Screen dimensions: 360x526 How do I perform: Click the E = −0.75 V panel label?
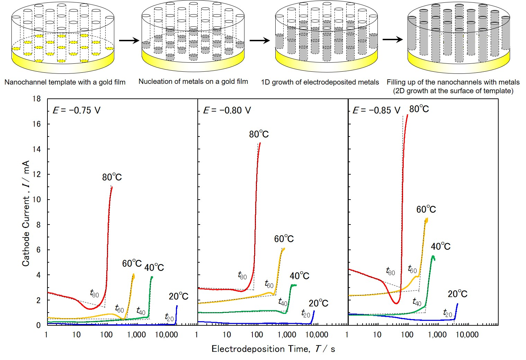pos(77,111)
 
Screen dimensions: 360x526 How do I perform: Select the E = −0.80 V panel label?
pos(227,111)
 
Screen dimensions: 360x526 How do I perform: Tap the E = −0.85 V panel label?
pos(376,111)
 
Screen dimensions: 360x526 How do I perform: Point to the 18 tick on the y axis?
pos(36,99)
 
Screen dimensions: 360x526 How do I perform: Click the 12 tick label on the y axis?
pos(36,174)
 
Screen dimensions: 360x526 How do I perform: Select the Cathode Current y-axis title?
pos(26,213)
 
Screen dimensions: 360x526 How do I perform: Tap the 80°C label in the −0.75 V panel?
pos(112,177)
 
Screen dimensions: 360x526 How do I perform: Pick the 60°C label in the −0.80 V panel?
pos(284,239)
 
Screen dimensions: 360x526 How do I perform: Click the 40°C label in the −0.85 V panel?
pos(440,246)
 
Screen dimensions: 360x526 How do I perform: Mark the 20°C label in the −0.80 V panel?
pos(318,303)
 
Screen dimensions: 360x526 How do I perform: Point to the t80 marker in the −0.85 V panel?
pos(390,271)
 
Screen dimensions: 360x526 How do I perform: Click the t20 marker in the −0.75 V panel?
pos(169,317)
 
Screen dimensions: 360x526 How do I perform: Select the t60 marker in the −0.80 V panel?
pos(269,284)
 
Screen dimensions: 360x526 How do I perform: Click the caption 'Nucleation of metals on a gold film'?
pos(193,82)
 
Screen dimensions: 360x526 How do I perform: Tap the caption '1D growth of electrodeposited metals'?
pos(320,82)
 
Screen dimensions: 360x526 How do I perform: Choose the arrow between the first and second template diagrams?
pos(129,41)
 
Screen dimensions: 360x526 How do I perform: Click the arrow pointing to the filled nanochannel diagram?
pos(393,39)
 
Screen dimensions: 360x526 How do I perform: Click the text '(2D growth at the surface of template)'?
pos(453,91)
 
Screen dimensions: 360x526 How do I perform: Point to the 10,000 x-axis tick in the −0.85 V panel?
pos(467,335)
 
